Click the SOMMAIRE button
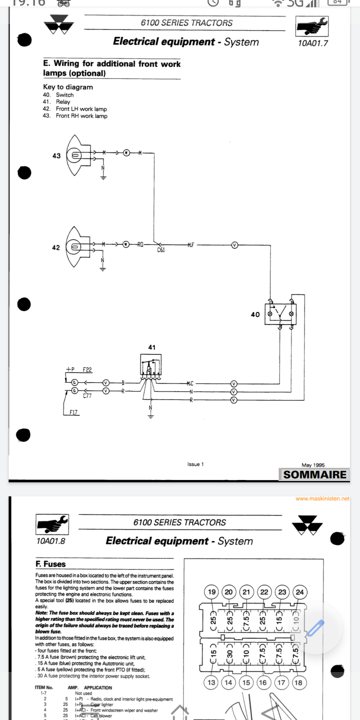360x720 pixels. [314, 474]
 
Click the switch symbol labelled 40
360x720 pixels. [281, 314]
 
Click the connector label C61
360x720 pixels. [161, 250]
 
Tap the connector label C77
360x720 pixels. [87, 396]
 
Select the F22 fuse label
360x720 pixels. [87, 370]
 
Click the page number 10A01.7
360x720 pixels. [312, 43]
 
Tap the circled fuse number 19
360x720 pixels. [212, 592]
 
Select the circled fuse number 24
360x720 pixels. [299, 592]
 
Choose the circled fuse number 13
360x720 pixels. [212, 682]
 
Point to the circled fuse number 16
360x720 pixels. [263, 682]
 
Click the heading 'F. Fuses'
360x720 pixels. [50, 564]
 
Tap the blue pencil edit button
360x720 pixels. [316, 627]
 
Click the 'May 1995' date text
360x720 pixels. [313, 465]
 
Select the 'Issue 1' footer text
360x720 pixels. [195, 464]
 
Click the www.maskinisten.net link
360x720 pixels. [322, 498]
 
